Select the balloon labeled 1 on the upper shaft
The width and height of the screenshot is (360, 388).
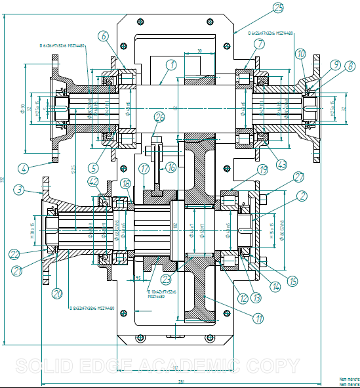[x=170, y=65]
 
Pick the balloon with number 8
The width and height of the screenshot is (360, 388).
[x=351, y=66]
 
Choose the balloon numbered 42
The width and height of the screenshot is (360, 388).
[x=93, y=182]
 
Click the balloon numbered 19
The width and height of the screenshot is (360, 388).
[x=262, y=169]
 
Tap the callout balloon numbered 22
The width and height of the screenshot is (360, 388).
[x=14, y=254]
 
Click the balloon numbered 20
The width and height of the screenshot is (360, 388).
[x=57, y=293]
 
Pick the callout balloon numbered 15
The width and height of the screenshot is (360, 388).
[x=292, y=280]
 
